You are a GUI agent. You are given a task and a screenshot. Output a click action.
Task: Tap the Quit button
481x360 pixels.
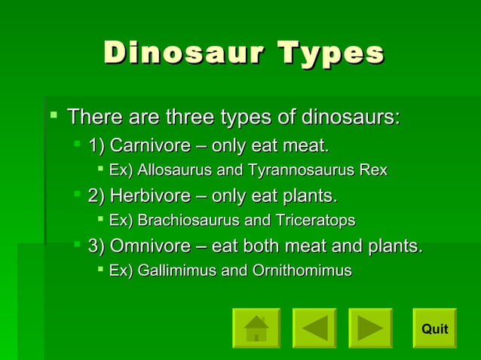tap(434, 328)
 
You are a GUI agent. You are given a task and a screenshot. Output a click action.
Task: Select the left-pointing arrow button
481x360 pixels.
tap(314, 328)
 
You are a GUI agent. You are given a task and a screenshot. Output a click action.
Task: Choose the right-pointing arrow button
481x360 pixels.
tap(370, 328)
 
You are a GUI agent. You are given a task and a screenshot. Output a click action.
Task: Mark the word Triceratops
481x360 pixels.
tap(313, 221)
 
